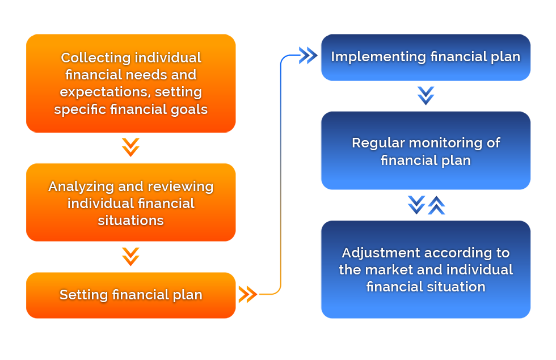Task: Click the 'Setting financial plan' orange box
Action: click(131, 295)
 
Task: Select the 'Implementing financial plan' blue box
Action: click(426, 57)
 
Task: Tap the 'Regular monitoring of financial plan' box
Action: click(426, 151)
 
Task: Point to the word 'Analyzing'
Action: click(81, 187)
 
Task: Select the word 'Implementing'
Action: click(378, 57)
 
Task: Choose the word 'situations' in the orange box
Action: click(131, 221)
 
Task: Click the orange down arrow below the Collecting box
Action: click(130, 147)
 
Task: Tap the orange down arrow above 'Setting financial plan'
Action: click(130, 256)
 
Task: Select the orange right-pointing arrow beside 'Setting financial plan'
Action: click(248, 294)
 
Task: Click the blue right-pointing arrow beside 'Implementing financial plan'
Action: click(308, 56)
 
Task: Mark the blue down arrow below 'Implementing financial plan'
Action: click(426, 96)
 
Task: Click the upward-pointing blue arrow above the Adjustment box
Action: click(436, 205)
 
